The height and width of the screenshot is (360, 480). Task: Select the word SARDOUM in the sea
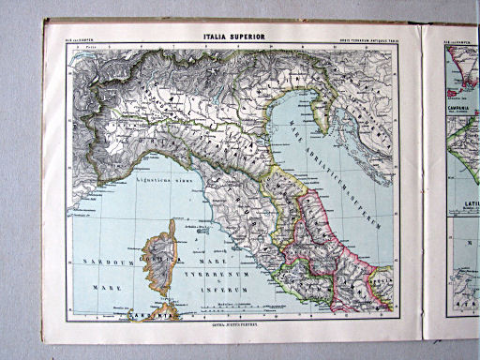click(x=105, y=258)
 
